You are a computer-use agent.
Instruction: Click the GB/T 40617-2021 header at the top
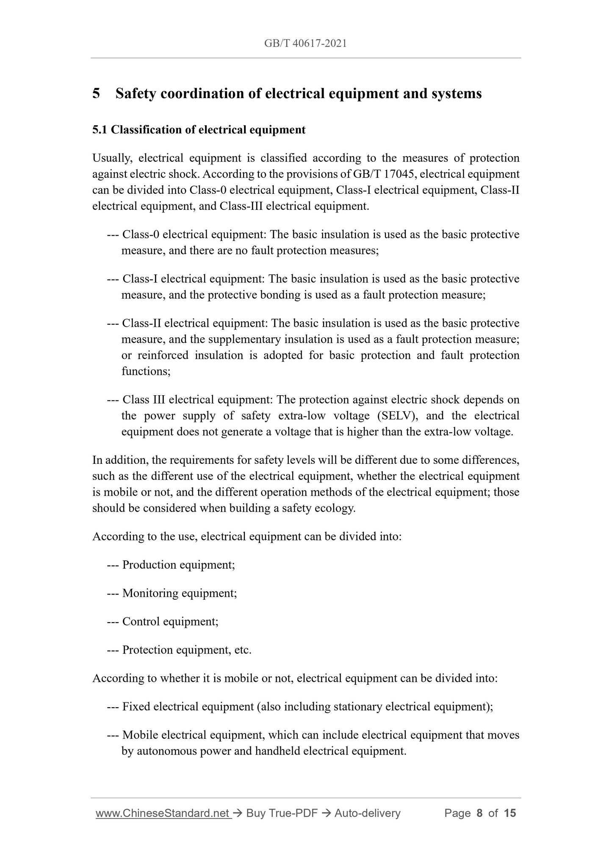click(305, 43)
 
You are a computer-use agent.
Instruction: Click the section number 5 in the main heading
click(96, 94)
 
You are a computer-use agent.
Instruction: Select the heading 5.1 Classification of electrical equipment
click(199, 130)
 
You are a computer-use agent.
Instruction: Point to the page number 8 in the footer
click(479, 813)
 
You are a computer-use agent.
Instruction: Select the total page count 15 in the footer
click(510, 813)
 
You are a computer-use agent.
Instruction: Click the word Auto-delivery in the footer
click(367, 813)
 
